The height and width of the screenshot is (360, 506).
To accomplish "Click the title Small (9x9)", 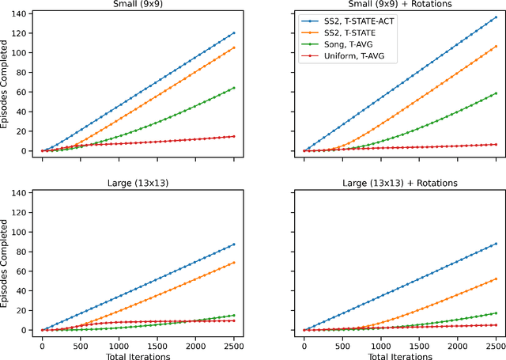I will pyautogui.click(x=138, y=5).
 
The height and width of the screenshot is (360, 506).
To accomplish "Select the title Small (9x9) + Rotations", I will pyautogui.click(x=401, y=5).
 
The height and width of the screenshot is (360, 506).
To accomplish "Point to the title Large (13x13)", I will pyautogui.click(x=138, y=184).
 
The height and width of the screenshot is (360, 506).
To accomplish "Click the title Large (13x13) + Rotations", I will pyautogui.click(x=401, y=184).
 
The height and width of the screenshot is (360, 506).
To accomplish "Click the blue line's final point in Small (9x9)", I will pyautogui.click(x=235, y=32).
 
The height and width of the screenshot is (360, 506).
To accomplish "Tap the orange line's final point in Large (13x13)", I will pyautogui.click(x=235, y=262).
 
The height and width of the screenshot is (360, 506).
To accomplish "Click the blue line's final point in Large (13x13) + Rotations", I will pyautogui.click(x=497, y=244).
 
